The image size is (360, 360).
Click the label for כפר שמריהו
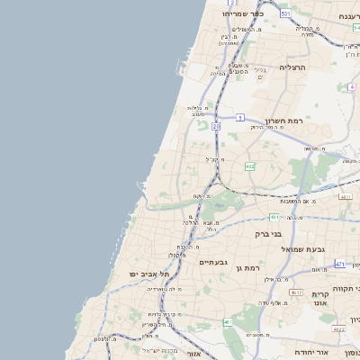(246, 14)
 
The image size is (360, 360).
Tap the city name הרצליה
(292, 67)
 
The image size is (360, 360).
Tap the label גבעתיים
(212, 262)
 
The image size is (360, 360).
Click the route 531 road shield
(285, 14)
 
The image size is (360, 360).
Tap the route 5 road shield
(240, 118)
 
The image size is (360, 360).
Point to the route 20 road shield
(216, 127)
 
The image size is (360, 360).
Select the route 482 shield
(249, 166)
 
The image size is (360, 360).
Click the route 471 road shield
(339, 264)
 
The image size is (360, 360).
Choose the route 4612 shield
(296, 292)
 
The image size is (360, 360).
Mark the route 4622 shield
(337, 329)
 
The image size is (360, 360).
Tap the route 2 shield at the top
(232, 4)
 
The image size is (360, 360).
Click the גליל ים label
(260, 74)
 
